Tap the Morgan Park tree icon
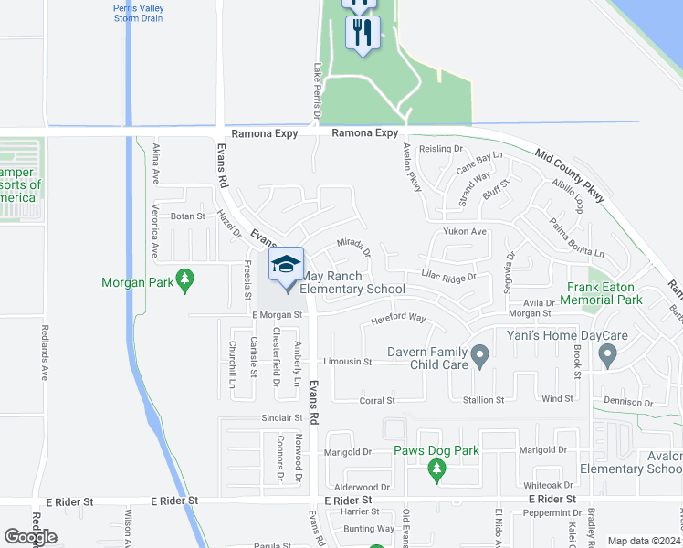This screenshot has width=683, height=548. coord(186,278)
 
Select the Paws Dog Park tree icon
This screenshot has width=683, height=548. coord(436,469)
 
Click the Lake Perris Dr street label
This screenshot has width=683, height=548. coord(317,91)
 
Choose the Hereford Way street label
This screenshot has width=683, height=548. coord(398,319)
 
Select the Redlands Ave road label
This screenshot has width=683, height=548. coord(44,352)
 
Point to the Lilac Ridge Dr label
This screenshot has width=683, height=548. coord(449,276)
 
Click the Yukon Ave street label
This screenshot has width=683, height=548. coord(465,232)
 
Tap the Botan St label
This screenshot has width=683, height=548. coord(187,216)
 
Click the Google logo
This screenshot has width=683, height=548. coord(30,537)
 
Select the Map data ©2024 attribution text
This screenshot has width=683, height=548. coord(644,541)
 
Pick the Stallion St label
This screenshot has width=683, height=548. coord(484,400)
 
